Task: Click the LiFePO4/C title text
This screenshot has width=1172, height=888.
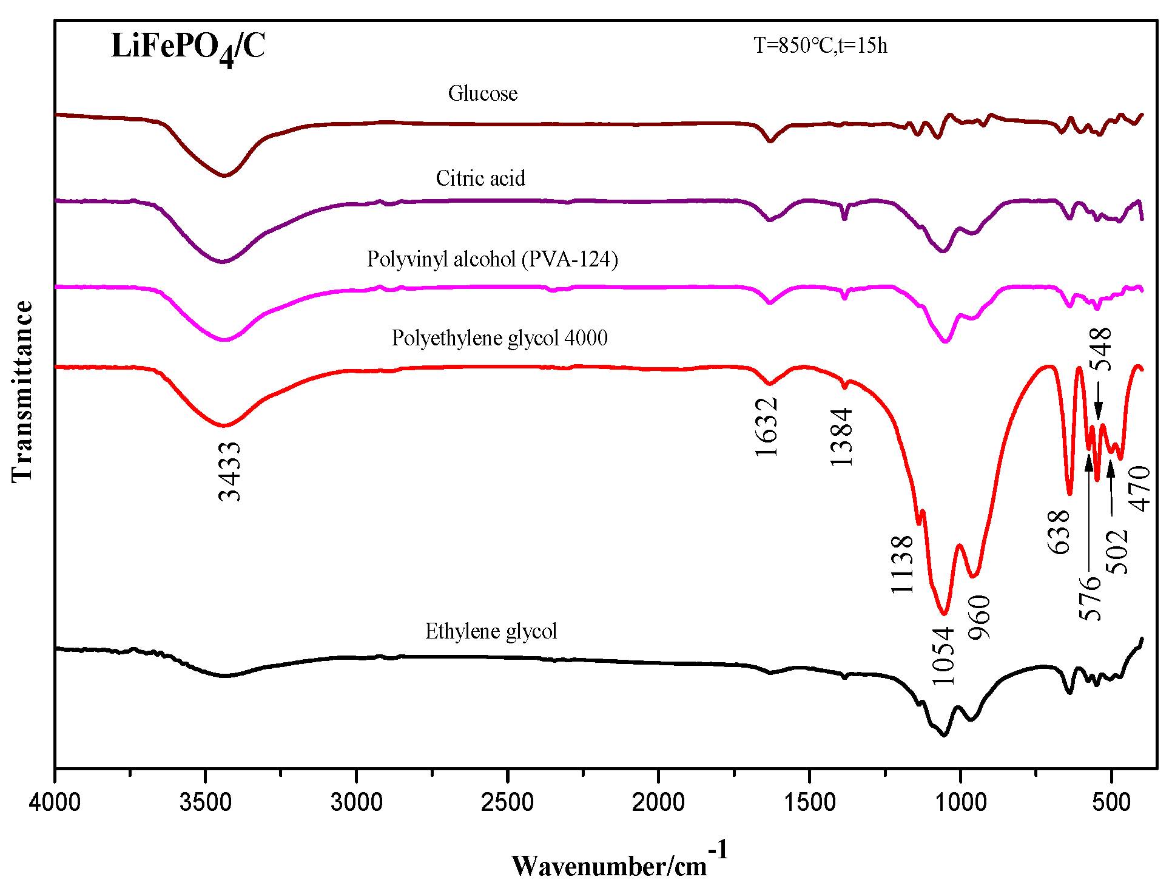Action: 188,47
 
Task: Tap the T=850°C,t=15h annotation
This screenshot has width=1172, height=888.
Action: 820,46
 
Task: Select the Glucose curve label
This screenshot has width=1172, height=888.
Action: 483,93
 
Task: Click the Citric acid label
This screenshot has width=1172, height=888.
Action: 480,178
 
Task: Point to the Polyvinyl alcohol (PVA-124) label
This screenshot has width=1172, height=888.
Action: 492,259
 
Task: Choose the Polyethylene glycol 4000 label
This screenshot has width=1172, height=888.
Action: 499,338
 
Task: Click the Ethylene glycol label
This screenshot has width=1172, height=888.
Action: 491,631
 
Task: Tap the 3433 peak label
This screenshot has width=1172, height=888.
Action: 230,471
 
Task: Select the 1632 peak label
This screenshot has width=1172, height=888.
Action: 767,427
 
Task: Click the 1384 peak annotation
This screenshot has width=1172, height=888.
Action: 841,437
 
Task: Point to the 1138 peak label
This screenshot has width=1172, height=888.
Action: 902,564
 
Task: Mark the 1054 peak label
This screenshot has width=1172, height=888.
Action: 943,656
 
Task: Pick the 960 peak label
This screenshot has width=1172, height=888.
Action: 979,617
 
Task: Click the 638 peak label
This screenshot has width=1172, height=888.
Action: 1059,532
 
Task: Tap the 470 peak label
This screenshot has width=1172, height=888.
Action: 1139,489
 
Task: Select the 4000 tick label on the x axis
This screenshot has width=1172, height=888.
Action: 55,802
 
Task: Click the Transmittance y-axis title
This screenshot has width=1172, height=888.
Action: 22,391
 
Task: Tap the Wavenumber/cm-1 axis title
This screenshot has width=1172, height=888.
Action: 619,862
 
